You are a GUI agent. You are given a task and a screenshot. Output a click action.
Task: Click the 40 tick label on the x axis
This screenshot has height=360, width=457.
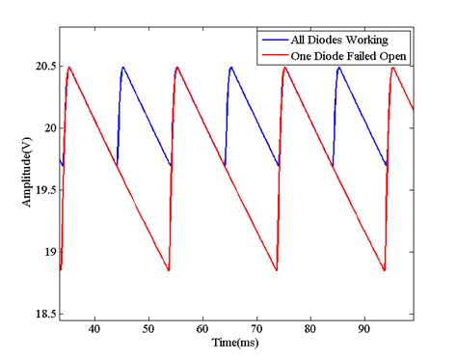click(x=94, y=329)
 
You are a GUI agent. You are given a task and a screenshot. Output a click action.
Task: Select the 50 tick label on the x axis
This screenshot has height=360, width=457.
click(x=148, y=329)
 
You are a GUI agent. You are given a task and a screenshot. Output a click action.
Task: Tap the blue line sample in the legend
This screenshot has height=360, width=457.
click(x=273, y=41)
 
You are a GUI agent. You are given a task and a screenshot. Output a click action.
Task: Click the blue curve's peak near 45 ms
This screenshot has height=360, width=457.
click(x=123, y=67)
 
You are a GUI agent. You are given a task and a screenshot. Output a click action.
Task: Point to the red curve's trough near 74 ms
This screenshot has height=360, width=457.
click(x=278, y=270)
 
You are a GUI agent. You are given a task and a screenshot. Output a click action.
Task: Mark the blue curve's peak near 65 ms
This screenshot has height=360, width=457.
click(x=231, y=67)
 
